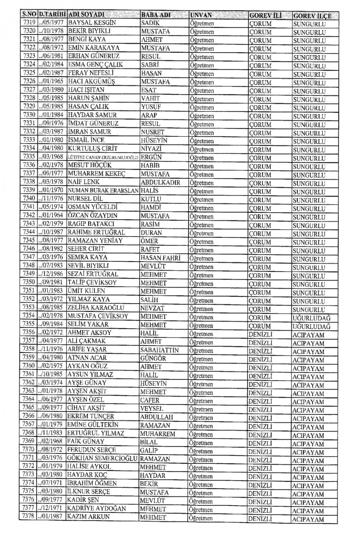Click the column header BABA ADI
click(x=156, y=15)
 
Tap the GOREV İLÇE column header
click(x=312, y=16)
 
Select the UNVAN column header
click(x=201, y=15)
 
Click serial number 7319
click(x=29, y=22)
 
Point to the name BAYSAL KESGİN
click(x=92, y=23)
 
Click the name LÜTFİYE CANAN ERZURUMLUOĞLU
click(x=103, y=157)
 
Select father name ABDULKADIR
click(x=160, y=183)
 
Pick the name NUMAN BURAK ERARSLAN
click(x=103, y=191)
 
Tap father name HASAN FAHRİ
click(x=160, y=258)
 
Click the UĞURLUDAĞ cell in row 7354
click(x=311, y=318)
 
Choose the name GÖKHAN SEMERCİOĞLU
click(x=102, y=459)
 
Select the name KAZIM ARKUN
click(x=88, y=517)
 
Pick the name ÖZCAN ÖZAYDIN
click(x=93, y=216)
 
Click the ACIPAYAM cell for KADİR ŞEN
click(x=308, y=503)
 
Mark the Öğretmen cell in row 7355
click(x=201, y=326)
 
